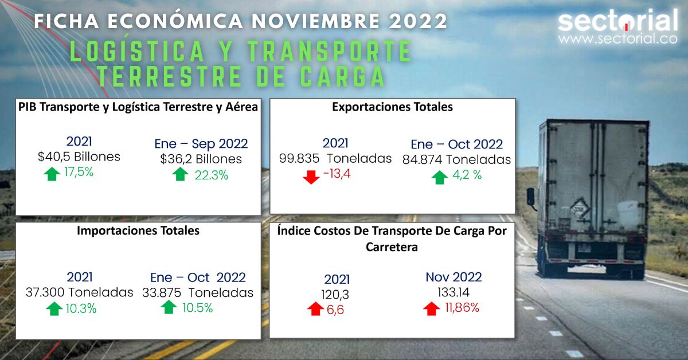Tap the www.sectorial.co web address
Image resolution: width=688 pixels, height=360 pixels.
point(617,40)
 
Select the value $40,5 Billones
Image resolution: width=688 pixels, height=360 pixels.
point(79,157)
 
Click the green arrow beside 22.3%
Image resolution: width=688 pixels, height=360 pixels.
point(181,174)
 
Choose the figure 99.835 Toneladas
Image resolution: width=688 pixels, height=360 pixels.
point(335,158)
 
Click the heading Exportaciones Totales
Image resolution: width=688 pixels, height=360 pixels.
point(392,107)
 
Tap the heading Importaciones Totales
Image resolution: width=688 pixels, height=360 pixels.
point(138,231)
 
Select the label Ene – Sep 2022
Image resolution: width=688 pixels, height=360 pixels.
point(201,143)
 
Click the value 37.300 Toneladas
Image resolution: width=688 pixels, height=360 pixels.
point(79,292)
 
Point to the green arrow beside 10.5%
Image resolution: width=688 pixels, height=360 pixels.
point(169,308)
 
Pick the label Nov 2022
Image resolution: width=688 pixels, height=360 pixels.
point(454,277)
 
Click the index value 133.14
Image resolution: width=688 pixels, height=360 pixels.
point(454,292)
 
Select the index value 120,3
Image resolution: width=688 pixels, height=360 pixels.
point(336,295)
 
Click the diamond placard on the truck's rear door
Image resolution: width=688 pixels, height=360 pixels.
point(580,207)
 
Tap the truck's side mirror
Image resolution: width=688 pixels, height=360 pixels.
point(531,196)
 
